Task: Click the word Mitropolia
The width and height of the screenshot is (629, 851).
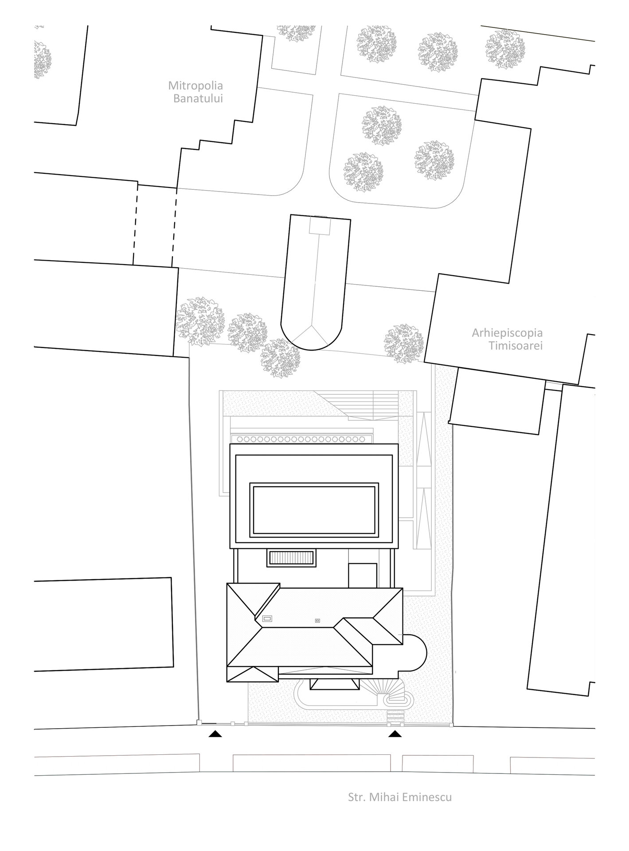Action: [x=195, y=85]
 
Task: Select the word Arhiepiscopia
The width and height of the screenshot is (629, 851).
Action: [x=507, y=332]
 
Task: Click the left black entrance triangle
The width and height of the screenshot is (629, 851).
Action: [x=215, y=734]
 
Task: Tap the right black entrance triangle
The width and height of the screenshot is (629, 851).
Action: [x=395, y=734]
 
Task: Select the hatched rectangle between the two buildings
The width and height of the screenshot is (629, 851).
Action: [x=291, y=558]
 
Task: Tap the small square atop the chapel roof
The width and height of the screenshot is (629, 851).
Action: [x=319, y=226]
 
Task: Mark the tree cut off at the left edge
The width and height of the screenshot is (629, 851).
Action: [x=43, y=60]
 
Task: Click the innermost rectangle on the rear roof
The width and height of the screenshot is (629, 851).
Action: [x=314, y=510]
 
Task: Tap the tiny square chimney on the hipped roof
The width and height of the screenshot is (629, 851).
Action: [x=317, y=621]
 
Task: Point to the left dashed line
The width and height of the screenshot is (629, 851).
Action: [x=135, y=223]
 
